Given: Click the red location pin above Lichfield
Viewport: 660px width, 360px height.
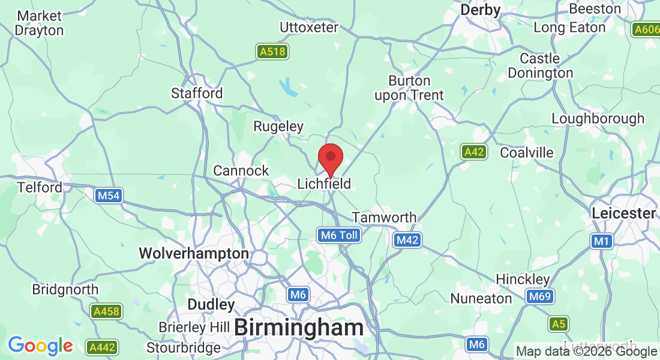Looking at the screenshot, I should click(330, 158).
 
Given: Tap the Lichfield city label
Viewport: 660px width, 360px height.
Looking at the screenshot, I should click(324, 184).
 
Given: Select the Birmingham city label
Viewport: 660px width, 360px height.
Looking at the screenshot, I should click(299, 328).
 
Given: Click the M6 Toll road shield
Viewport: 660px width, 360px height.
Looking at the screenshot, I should click(339, 235).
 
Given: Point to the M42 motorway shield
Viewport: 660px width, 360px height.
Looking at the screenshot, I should click(407, 241).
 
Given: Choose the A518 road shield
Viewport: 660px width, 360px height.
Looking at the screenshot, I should click(272, 52).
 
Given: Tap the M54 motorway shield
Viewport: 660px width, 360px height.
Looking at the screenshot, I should click(109, 195).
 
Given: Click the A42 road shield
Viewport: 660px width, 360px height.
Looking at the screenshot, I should click(474, 152).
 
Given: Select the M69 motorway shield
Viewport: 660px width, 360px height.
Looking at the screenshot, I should click(540, 296).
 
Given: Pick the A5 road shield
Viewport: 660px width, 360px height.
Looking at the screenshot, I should click(559, 324).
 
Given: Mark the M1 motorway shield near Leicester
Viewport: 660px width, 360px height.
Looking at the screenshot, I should click(601, 241).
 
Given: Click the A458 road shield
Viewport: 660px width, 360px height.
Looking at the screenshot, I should click(106, 311).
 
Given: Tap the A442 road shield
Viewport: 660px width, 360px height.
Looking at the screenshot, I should click(102, 347).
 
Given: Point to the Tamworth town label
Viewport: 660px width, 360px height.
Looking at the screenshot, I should click(384, 217).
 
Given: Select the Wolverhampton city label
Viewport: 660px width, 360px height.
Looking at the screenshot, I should click(194, 254).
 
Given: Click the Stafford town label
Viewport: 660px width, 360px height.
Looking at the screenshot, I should click(197, 93).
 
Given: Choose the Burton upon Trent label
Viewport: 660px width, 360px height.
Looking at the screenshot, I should click(409, 88).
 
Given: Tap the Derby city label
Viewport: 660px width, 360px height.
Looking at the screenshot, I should click(480, 10).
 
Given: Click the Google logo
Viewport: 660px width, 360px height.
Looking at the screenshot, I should click(40, 346).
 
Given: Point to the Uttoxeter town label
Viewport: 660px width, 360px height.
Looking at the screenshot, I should click(309, 27).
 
